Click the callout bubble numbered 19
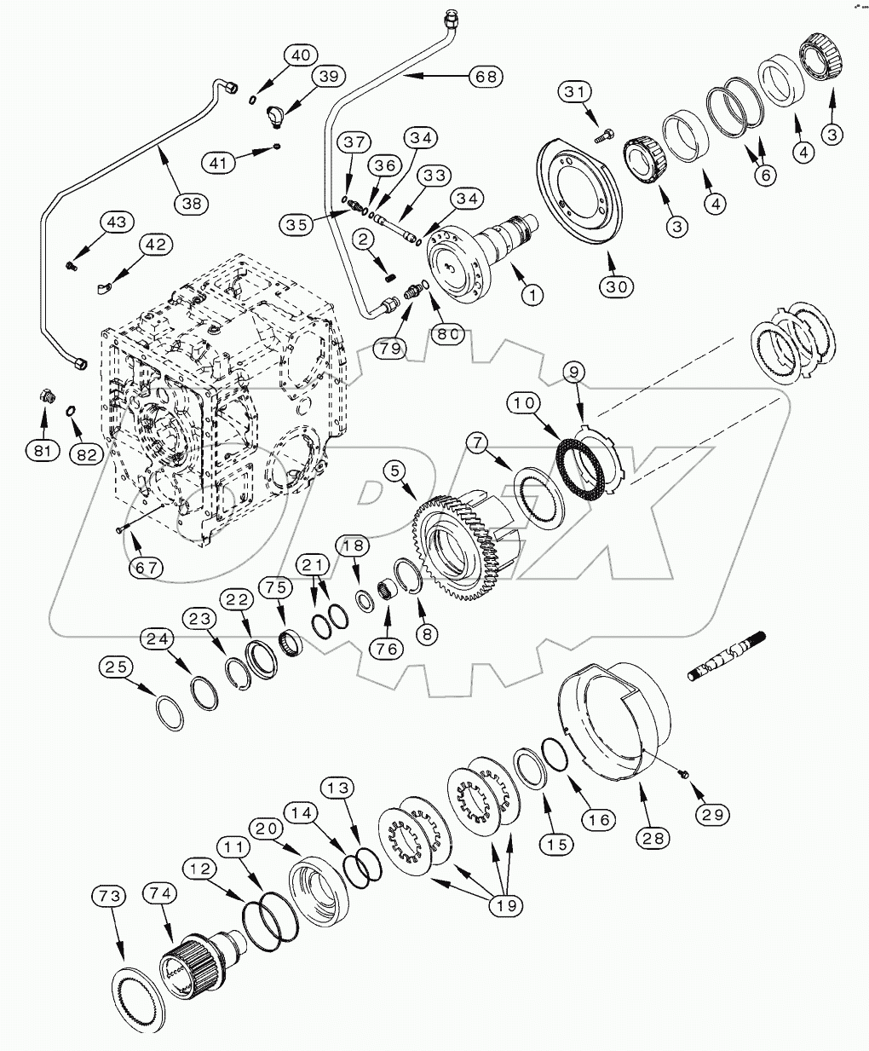coord(506,906)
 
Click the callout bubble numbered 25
coord(118,667)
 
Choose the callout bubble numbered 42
coord(153,245)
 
